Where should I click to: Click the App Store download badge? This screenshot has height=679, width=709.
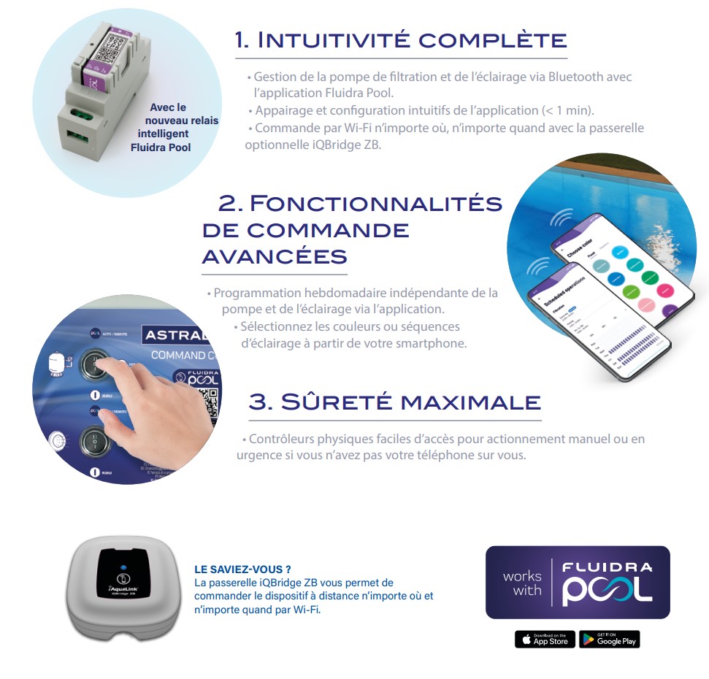click(x=545, y=640)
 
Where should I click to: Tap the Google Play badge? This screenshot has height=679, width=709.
click(x=609, y=640)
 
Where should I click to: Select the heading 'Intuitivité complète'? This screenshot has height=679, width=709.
click(x=400, y=40)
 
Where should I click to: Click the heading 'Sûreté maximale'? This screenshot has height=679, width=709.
click(x=394, y=402)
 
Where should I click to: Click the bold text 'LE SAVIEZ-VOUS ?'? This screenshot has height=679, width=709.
click(x=243, y=569)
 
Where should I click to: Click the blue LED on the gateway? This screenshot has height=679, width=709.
click(x=123, y=567)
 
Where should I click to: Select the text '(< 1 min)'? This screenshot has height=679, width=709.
click(x=568, y=111)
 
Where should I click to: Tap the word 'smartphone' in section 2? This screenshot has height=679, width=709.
click(x=433, y=343)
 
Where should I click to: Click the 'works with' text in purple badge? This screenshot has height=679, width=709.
click(x=522, y=583)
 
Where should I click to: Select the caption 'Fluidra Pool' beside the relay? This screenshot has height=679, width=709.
click(x=160, y=147)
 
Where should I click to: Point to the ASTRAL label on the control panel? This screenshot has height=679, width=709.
click(x=177, y=336)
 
